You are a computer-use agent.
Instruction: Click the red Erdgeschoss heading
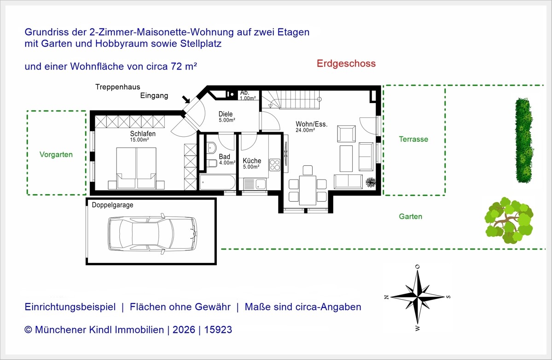(x=346, y=64)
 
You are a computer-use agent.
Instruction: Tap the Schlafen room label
(x=143, y=134)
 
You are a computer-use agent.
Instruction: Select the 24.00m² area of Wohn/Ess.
(x=305, y=130)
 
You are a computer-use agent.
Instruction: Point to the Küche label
(x=252, y=161)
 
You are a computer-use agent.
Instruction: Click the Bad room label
(x=225, y=157)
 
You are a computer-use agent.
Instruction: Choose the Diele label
(x=226, y=114)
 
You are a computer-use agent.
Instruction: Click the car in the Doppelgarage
(x=152, y=233)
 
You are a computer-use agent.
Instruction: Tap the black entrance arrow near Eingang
(x=186, y=99)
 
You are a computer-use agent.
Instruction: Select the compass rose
(x=418, y=296)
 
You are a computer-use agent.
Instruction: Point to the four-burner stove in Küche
(x=274, y=165)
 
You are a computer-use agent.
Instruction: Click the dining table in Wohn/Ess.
(x=308, y=190)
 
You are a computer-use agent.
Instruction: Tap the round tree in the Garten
(x=509, y=221)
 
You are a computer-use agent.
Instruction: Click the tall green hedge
(x=524, y=140)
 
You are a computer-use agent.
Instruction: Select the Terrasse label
(x=413, y=139)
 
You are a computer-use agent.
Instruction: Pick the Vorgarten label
(x=56, y=155)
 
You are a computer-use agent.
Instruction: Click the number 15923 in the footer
(x=218, y=330)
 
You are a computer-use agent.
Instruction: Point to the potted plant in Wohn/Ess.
(x=370, y=182)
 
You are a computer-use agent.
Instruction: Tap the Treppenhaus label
(x=117, y=87)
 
